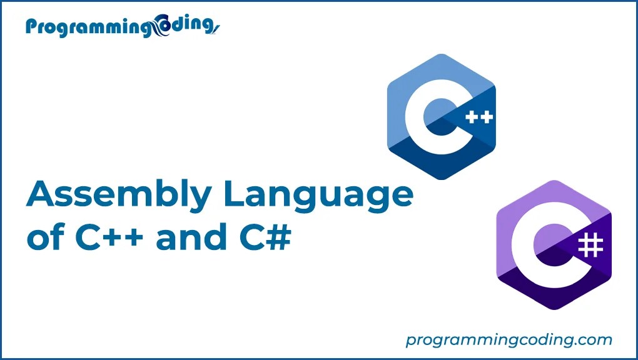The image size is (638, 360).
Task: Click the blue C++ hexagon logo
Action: tap(441, 117)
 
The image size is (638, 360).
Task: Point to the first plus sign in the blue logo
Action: tap(470, 117)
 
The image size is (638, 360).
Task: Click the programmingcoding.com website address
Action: tap(509, 340)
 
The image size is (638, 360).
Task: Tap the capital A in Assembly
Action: tap(41, 195)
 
